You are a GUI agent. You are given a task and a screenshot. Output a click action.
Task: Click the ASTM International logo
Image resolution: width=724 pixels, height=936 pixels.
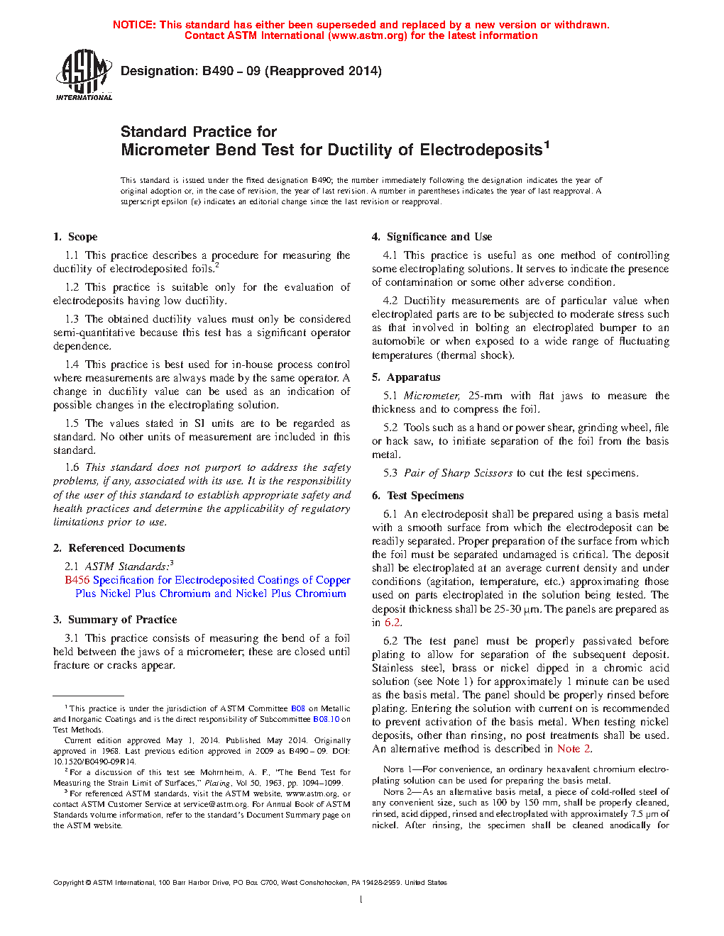coord(83,74)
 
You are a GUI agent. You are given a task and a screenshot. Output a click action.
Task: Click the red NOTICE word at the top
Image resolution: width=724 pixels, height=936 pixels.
coord(134,25)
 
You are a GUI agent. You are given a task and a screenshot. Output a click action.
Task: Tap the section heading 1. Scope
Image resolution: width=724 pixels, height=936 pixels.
coord(75,237)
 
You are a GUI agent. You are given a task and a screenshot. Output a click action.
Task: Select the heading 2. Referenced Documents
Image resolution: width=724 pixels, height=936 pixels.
coord(119,548)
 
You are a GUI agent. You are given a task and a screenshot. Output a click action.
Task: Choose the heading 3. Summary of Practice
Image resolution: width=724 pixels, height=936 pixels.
coord(115,620)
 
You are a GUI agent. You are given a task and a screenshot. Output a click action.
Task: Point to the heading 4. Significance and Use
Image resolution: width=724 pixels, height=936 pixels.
coord(432,237)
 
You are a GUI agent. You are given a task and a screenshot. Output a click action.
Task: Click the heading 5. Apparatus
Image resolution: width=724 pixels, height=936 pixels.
coord(406,377)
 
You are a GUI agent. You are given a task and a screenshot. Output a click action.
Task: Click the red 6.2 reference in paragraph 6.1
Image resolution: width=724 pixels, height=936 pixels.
coord(392,623)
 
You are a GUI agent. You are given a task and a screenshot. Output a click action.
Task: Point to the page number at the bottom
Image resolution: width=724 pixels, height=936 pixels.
coord(361,900)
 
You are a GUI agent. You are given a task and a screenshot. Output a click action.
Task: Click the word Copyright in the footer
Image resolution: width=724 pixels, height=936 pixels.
coord(69,883)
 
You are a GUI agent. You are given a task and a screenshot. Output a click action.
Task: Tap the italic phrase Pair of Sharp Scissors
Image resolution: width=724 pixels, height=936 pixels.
coord(458,473)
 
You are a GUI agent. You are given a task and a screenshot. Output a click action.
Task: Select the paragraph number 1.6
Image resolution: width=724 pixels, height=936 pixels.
coord(72,467)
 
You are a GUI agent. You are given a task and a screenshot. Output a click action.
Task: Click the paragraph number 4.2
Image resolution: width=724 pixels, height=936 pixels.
coord(390,301)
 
